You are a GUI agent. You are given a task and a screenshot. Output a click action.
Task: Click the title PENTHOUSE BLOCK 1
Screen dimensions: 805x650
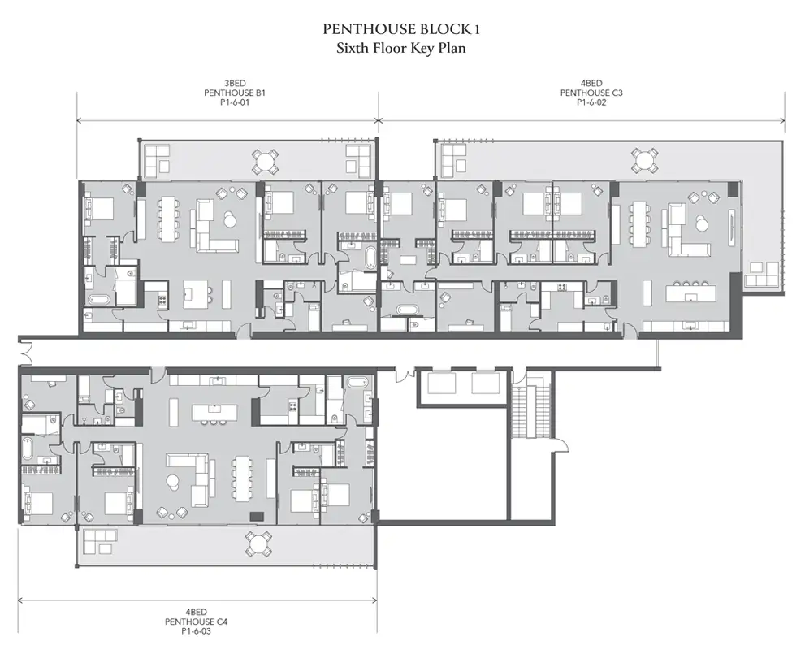(401, 29)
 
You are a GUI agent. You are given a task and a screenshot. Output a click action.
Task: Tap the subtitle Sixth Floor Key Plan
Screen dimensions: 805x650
(401, 48)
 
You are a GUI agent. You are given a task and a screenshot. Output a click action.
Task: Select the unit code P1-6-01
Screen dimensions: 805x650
(235, 102)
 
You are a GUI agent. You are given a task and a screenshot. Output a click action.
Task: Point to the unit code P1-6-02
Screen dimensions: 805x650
(591, 102)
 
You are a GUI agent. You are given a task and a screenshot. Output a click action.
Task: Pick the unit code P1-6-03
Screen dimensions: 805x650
(196, 631)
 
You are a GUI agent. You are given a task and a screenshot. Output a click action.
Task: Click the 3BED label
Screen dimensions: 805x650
(235, 83)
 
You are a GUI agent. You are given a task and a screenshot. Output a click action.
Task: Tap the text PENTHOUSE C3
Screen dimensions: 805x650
(591, 93)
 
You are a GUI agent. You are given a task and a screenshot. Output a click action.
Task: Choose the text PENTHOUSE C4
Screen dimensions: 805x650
(196, 622)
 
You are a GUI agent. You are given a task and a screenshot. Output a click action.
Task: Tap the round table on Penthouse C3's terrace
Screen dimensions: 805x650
(644, 160)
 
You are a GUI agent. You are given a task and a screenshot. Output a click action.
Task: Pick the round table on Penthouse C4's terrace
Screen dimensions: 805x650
(258, 544)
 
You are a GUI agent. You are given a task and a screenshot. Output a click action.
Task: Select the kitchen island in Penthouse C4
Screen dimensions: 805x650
(214, 412)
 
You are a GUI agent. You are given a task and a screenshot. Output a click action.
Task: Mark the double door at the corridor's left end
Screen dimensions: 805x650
(23, 352)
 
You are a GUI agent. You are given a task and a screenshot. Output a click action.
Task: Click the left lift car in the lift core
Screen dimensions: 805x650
(442, 383)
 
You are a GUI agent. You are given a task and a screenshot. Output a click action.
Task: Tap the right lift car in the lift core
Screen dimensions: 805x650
(485, 383)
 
